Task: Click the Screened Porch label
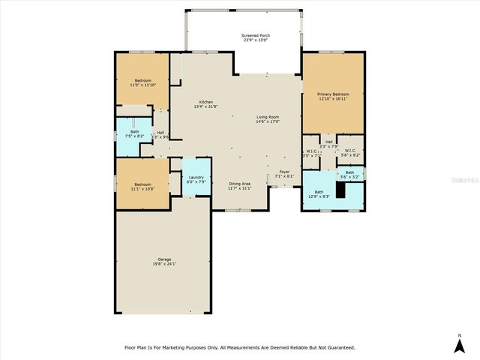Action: (x=256, y=38)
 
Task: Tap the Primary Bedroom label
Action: (x=333, y=96)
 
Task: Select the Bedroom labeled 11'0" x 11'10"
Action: (x=142, y=82)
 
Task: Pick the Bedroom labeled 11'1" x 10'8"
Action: (x=142, y=186)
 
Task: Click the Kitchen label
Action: (x=205, y=104)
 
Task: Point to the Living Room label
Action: (x=268, y=119)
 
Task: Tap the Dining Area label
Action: (x=240, y=186)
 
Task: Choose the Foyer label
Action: (x=284, y=174)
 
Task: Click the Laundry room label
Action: (x=195, y=178)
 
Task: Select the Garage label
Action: (x=164, y=262)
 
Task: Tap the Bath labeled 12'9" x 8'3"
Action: (x=319, y=194)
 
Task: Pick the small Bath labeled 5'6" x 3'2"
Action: (x=349, y=175)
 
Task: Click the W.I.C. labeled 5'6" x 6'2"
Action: (x=349, y=152)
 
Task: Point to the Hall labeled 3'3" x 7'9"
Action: (x=328, y=144)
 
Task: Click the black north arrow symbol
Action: (x=460, y=346)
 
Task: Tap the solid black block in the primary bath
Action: (x=340, y=190)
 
